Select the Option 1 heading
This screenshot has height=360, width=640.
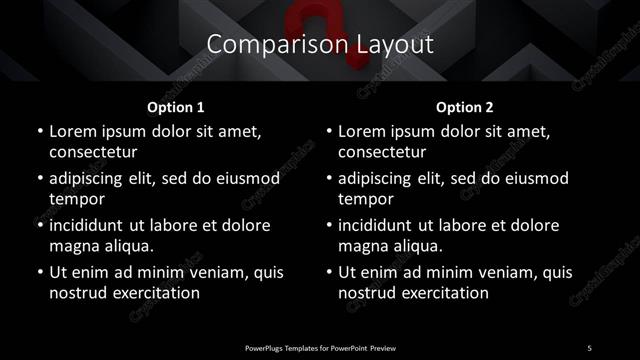point(175,106)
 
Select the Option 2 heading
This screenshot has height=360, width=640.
point(465,106)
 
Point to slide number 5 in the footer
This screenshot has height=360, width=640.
point(589,346)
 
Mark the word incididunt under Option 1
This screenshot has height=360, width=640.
point(93,225)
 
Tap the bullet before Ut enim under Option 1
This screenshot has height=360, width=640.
point(38,272)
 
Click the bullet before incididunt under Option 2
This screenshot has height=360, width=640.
point(328,225)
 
